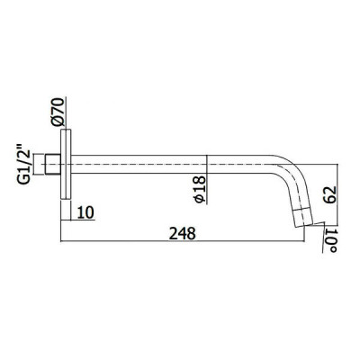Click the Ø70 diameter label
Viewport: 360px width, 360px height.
[58, 112]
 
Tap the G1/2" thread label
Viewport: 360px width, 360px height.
[24, 165]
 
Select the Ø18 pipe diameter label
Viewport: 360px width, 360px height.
[200, 190]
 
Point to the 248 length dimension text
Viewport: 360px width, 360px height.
[182, 233]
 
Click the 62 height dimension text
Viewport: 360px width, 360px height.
[328, 195]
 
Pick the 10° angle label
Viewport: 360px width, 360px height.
[331, 241]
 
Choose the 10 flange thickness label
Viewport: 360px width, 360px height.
[85, 212]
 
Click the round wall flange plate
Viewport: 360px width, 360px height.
[66, 164]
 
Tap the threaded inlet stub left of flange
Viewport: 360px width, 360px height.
[52, 164]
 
